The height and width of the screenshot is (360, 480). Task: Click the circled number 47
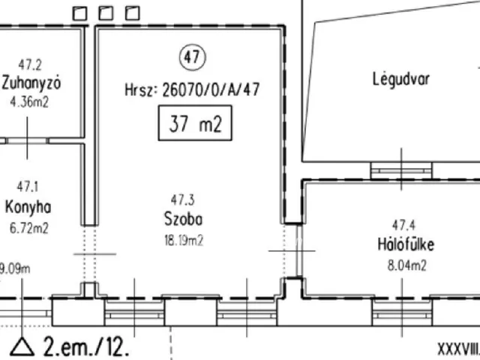(x=192, y=57)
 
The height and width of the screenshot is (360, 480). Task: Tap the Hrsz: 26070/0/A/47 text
(x=193, y=90)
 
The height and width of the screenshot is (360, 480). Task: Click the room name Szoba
(x=184, y=220)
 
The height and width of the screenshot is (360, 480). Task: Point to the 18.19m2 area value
(x=184, y=240)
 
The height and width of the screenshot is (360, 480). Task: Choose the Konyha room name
(x=28, y=207)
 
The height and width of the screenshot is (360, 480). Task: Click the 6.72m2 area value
(x=28, y=227)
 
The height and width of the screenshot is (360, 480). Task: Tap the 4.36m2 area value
(x=30, y=102)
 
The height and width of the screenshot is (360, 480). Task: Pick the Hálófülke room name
(x=406, y=244)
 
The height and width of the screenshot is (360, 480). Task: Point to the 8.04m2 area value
(x=406, y=264)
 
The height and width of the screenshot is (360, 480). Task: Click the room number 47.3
(x=183, y=200)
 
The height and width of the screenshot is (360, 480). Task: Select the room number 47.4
(x=404, y=224)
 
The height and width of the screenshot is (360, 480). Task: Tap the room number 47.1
(x=28, y=186)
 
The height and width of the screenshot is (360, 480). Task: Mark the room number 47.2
(x=30, y=64)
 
